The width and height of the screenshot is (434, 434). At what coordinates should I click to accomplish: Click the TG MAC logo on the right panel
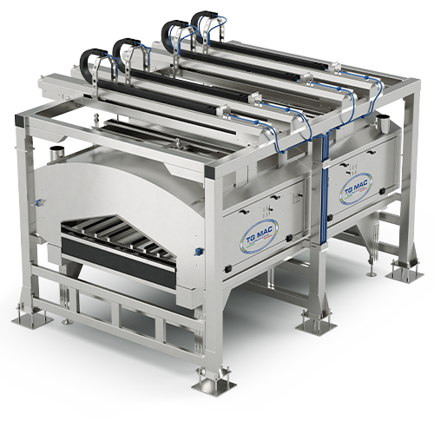(358, 188)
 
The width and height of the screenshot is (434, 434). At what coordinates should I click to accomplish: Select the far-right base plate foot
(404, 271)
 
